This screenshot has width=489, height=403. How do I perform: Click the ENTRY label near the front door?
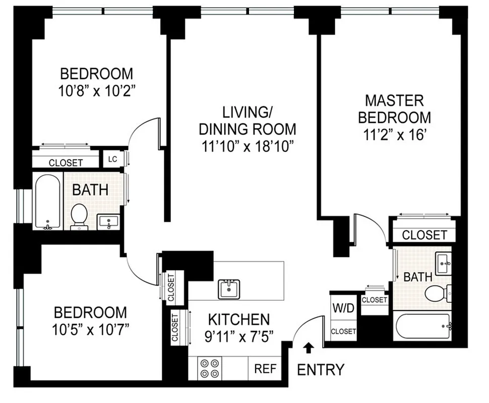(321, 370)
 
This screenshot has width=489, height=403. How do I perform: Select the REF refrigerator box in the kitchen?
(265, 368)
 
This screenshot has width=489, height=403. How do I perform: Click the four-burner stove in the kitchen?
(210, 368)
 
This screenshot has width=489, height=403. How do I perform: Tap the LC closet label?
(112, 159)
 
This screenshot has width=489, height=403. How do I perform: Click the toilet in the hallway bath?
(79, 216)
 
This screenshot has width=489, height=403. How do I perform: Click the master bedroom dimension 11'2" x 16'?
(394, 136)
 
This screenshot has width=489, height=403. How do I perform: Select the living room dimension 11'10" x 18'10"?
(247, 147)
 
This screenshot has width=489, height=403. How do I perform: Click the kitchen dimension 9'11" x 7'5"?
(239, 335)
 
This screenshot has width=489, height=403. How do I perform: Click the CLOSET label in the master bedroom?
(424, 235)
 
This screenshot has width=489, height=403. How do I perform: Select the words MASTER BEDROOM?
(394, 108)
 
